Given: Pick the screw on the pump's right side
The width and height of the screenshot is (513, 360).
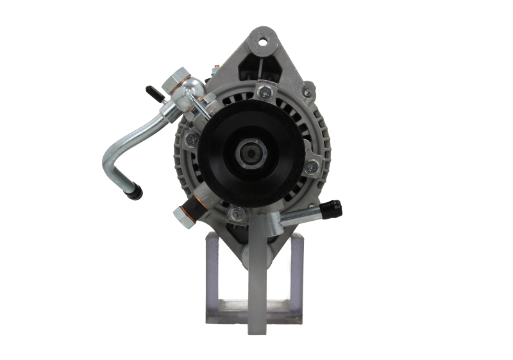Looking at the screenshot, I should [x=312, y=167].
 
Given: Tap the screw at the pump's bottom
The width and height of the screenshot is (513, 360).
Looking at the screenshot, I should [x=239, y=214].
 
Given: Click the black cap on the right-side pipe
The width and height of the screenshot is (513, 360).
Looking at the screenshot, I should [x=332, y=209].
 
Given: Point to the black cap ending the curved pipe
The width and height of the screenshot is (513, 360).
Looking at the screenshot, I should [x=135, y=191].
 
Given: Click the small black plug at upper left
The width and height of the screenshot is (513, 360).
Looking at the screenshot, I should [x=153, y=93].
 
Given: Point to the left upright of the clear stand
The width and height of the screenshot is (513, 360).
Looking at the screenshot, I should [x=212, y=276].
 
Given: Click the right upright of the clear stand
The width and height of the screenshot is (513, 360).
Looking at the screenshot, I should [x=296, y=276].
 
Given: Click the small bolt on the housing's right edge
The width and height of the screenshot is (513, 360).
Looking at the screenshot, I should [x=309, y=92].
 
